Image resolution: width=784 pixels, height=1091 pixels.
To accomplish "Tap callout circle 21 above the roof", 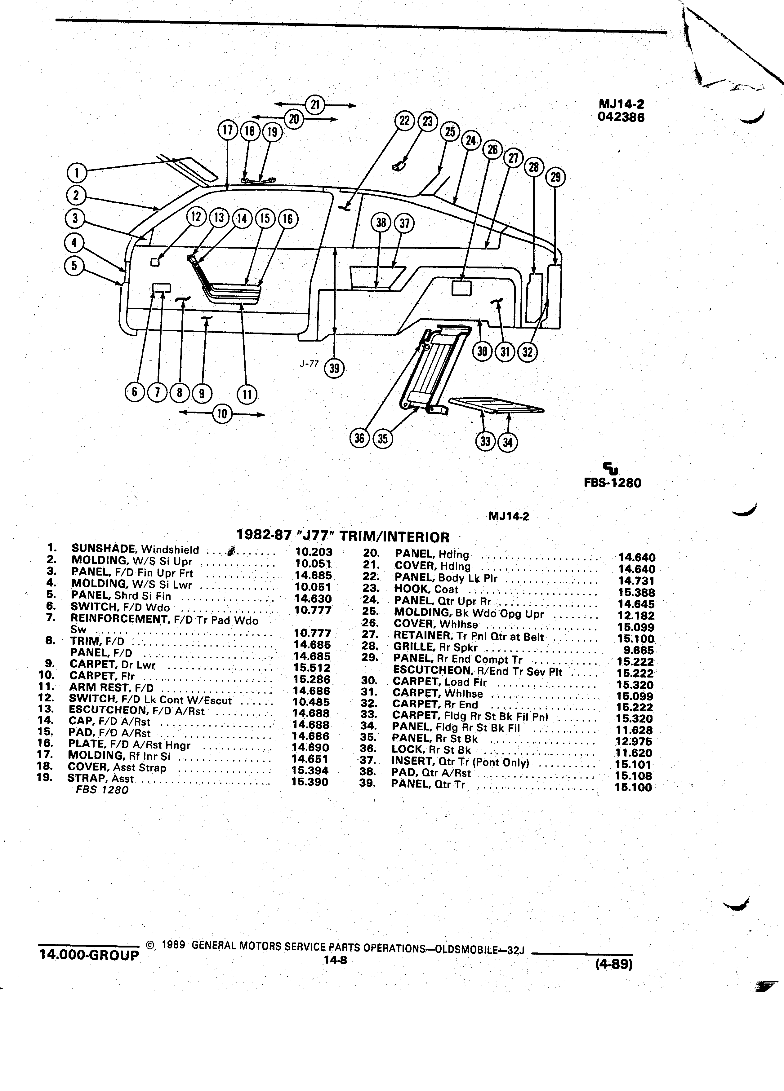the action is (315, 105).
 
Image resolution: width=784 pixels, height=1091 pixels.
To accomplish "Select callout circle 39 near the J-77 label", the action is (335, 369).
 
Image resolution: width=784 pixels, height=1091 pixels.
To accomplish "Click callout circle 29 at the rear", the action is (555, 178).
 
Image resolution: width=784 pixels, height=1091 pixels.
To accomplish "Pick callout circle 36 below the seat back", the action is (359, 438).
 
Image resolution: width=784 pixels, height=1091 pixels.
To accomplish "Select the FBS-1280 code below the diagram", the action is (613, 483).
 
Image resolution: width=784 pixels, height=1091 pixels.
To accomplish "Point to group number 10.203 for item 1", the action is (314, 553).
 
